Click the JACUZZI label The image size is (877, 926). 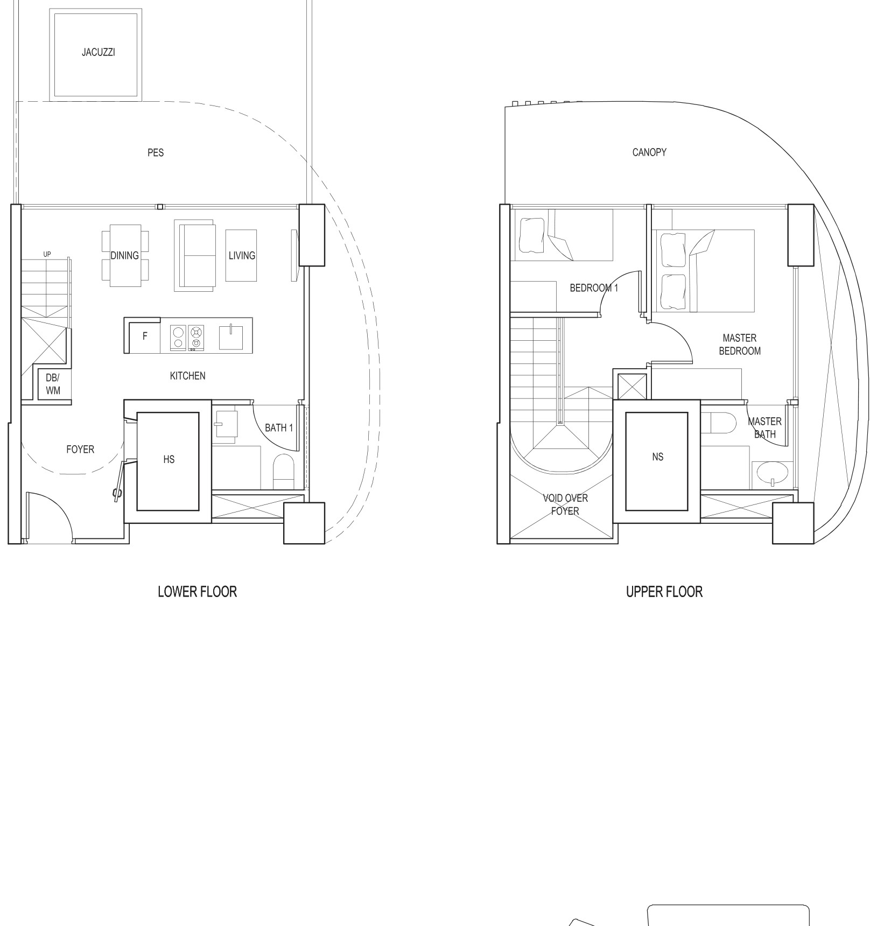[99, 52]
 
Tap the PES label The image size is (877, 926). [156, 153]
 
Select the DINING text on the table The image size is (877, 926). [125, 256]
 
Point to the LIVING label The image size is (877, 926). [242, 256]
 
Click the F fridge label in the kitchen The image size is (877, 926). [145, 336]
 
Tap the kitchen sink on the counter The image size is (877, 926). [231, 337]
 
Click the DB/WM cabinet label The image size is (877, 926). [53, 384]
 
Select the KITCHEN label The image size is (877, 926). [187, 376]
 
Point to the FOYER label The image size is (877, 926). [80, 449]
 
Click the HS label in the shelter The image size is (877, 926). [169, 459]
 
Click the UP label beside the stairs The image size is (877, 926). [47, 254]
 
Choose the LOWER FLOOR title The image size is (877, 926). [197, 592]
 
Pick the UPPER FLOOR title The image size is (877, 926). [664, 592]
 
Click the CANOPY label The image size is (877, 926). [649, 152]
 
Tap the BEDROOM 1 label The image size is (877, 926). [594, 288]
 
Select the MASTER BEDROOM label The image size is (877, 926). [740, 345]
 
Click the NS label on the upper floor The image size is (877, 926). [657, 457]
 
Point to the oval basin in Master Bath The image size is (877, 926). [773, 473]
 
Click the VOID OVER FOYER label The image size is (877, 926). [565, 504]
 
